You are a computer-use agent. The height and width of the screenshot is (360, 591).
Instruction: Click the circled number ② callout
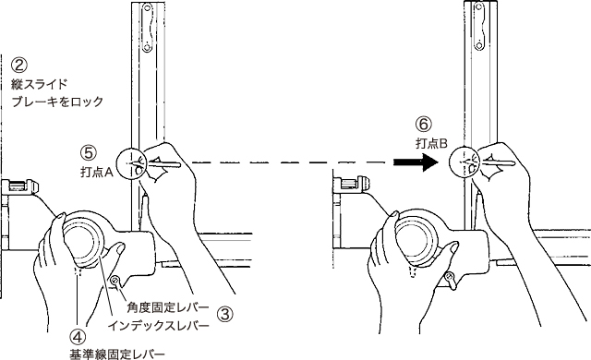(x=18, y=65)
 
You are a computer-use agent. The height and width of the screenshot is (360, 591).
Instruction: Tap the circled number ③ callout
(x=225, y=314)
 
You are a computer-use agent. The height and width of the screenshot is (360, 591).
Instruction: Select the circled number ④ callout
(x=78, y=336)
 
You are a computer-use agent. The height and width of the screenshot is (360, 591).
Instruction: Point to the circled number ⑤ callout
(x=89, y=153)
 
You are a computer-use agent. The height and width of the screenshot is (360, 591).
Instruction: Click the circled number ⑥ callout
(x=424, y=124)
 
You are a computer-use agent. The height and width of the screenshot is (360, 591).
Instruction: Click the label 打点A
(x=97, y=173)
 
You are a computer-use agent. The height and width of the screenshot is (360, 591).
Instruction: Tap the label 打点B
(x=431, y=143)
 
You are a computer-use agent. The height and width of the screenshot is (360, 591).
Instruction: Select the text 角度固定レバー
(x=168, y=307)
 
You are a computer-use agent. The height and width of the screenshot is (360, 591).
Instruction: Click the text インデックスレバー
(x=158, y=325)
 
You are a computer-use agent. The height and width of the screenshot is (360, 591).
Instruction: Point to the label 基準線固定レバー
(x=117, y=354)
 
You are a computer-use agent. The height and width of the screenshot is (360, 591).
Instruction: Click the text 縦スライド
(x=39, y=84)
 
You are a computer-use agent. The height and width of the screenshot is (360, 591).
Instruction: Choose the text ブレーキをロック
(x=57, y=102)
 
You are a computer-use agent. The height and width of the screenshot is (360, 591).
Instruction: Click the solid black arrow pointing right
(x=416, y=162)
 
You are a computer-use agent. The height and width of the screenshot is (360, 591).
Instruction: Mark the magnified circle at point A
(x=131, y=163)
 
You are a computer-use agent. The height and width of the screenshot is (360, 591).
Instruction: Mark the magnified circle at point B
(x=464, y=162)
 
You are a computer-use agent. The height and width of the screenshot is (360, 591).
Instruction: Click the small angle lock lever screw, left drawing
(x=115, y=281)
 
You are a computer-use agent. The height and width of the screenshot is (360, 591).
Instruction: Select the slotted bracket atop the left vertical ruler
(x=147, y=28)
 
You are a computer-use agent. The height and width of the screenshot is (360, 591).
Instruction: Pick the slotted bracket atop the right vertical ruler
(x=478, y=27)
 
